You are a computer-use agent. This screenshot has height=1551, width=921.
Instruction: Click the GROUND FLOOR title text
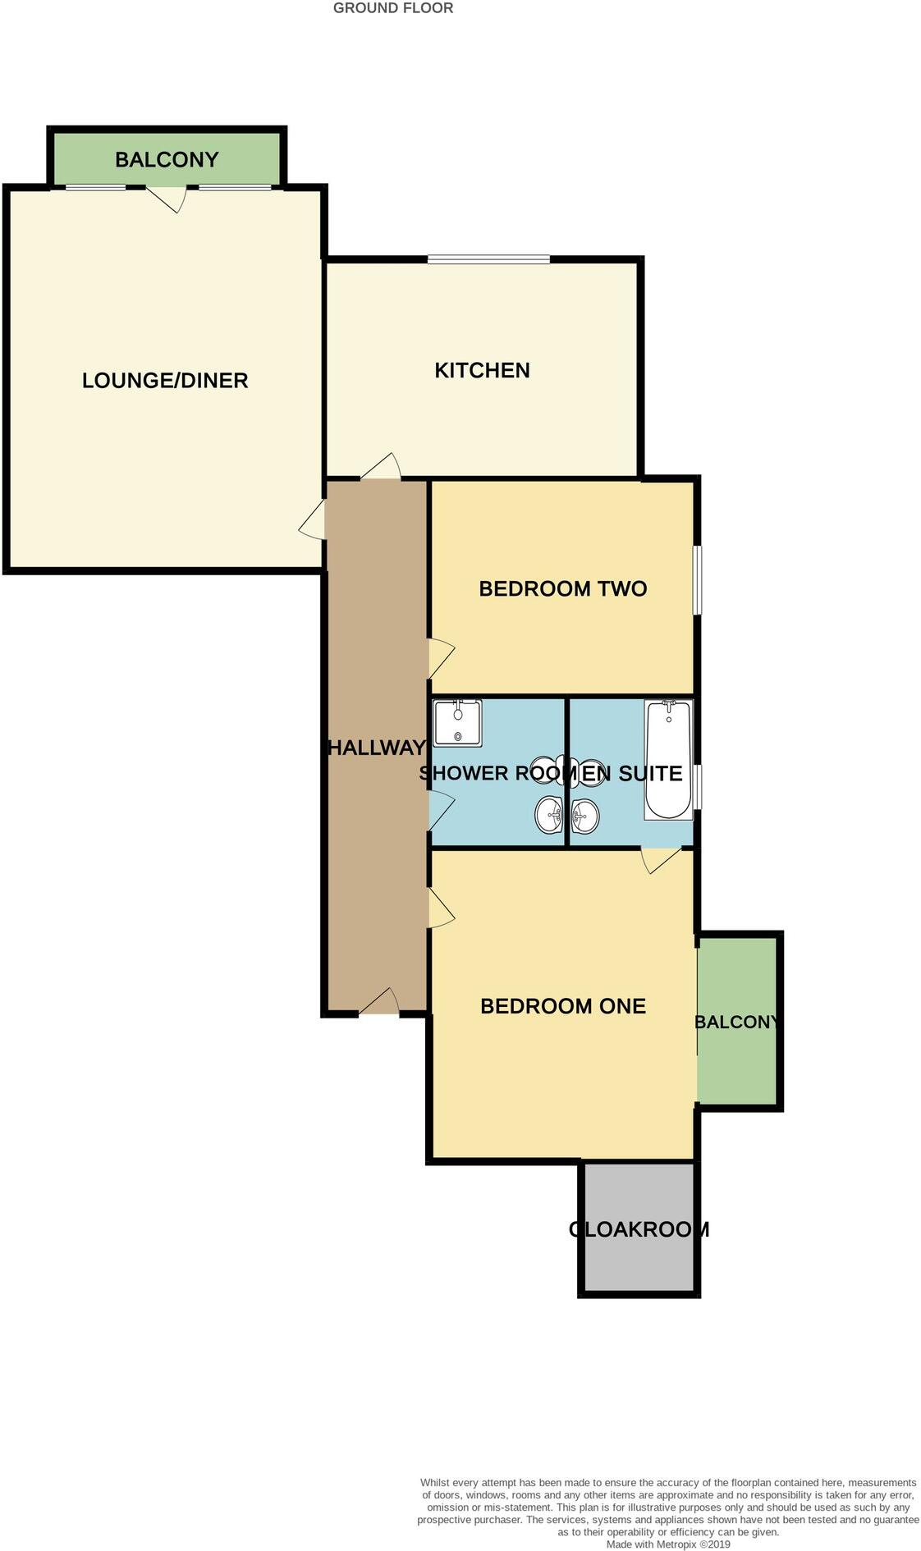tap(392, 8)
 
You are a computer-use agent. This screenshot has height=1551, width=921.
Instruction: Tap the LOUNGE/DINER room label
tap(165, 381)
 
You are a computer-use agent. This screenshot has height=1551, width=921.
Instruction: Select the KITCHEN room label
tap(482, 371)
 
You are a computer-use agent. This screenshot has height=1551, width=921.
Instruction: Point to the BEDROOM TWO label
tap(562, 588)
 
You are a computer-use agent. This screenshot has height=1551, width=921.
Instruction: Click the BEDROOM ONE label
tap(562, 1006)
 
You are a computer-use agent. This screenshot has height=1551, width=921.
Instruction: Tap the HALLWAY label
tap(377, 748)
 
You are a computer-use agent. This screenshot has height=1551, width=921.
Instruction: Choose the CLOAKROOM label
tap(639, 1229)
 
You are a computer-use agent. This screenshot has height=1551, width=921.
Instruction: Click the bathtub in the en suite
tap(668, 760)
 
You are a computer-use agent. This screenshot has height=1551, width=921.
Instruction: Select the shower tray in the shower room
tap(457, 723)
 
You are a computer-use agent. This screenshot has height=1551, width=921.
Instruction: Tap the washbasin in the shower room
tap(548, 816)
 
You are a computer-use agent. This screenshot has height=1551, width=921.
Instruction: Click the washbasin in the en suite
tap(585, 816)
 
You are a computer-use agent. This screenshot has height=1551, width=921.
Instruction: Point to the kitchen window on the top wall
tap(488, 260)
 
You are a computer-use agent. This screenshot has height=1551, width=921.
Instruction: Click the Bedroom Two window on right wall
tap(696, 580)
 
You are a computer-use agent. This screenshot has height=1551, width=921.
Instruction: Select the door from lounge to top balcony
tap(167, 197)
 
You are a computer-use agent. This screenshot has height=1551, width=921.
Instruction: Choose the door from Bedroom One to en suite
tap(660, 858)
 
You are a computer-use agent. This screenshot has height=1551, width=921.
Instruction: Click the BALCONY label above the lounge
tap(167, 159)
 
